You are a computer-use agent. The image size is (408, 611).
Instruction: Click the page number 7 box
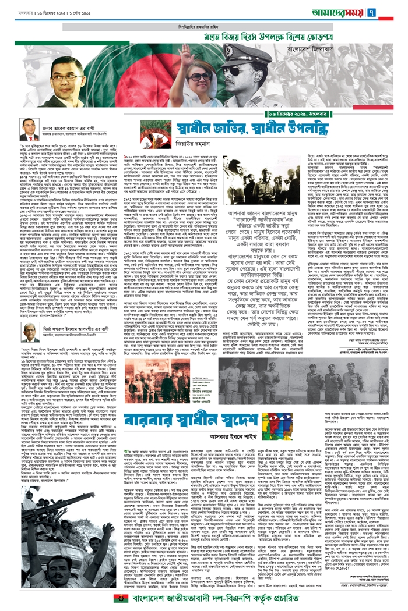[395, 11]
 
